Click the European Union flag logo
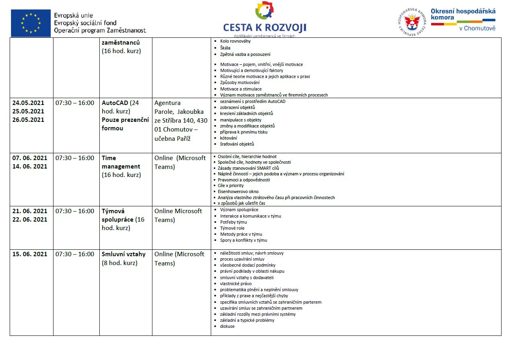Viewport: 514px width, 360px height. tap(31, 23)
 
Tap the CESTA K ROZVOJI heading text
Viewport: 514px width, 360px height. tap(265, 27)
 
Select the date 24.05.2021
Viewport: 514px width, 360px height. tap(28, 103)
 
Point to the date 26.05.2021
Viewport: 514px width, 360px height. tap(28, 119)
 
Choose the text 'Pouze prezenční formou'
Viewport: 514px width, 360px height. tap(125, 124)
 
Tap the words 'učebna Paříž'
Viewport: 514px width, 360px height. tap(172, 138)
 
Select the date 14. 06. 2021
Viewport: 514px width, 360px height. tap(30, 166)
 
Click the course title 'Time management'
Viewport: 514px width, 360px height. tap(121, 162)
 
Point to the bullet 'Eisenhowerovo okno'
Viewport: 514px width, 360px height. tap(238, 191)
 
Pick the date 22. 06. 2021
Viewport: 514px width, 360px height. tap(30, 219)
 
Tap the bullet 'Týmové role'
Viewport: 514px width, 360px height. tap(232, 228)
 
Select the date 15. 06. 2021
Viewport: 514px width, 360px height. tap(30, 254)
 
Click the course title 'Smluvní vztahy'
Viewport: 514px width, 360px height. tap(123, 254)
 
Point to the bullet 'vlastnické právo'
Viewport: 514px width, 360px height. tap(236, 284)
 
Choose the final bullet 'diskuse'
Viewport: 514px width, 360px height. tap(227, 326)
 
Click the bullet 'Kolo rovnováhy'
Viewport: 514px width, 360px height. tap(235, 41)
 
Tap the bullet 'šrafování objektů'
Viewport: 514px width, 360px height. tap(237, 144)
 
